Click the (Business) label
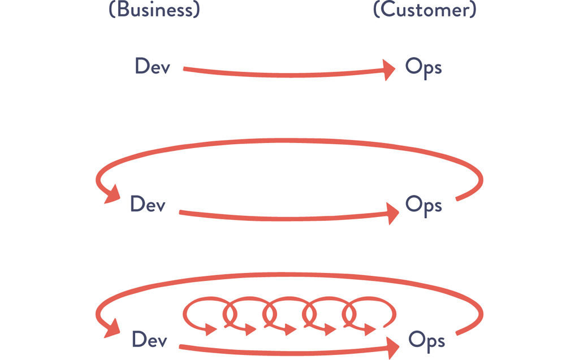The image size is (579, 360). click(154, 10)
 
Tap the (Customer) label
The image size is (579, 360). click(424, 10)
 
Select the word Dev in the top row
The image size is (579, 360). click(152, 67)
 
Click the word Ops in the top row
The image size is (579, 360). click(423, 68)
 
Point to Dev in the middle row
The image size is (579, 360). click(148, 204)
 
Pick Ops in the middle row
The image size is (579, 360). click(423, 205)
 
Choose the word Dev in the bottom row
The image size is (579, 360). click(149, 340)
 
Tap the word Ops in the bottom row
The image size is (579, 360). click(426, 341)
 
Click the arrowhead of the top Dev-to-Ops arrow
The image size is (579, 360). click(388, 70)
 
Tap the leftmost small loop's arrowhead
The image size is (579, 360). click(211, 329)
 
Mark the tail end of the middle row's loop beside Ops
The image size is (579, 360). click(458, 198)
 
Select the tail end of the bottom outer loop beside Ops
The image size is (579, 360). click(459, 333)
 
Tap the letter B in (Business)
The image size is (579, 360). click(120, 10)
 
